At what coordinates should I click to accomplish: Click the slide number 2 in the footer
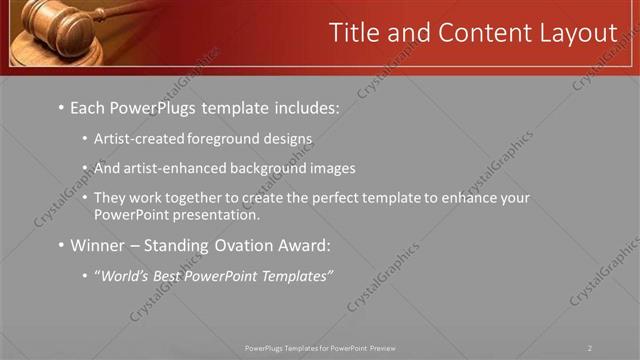(590, 348)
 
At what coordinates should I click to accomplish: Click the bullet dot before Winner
(61, 246)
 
